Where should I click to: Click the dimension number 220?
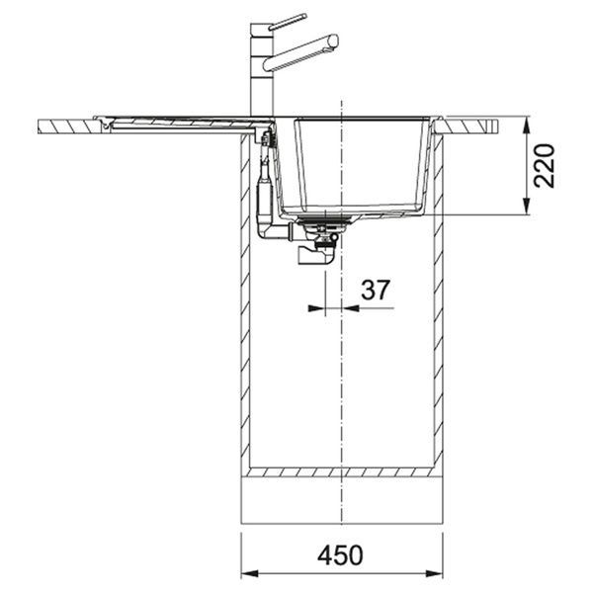tap(544, 165)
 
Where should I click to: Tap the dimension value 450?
tap(340, 555)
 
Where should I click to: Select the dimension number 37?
tap(375, 290)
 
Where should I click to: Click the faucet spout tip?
tap(334, 41)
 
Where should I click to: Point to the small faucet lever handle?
tap(288, 22)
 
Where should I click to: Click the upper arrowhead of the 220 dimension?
tap(526, 125)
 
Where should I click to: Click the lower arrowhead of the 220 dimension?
tap(526, 207)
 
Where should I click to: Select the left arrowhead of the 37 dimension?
tap(317, 308)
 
